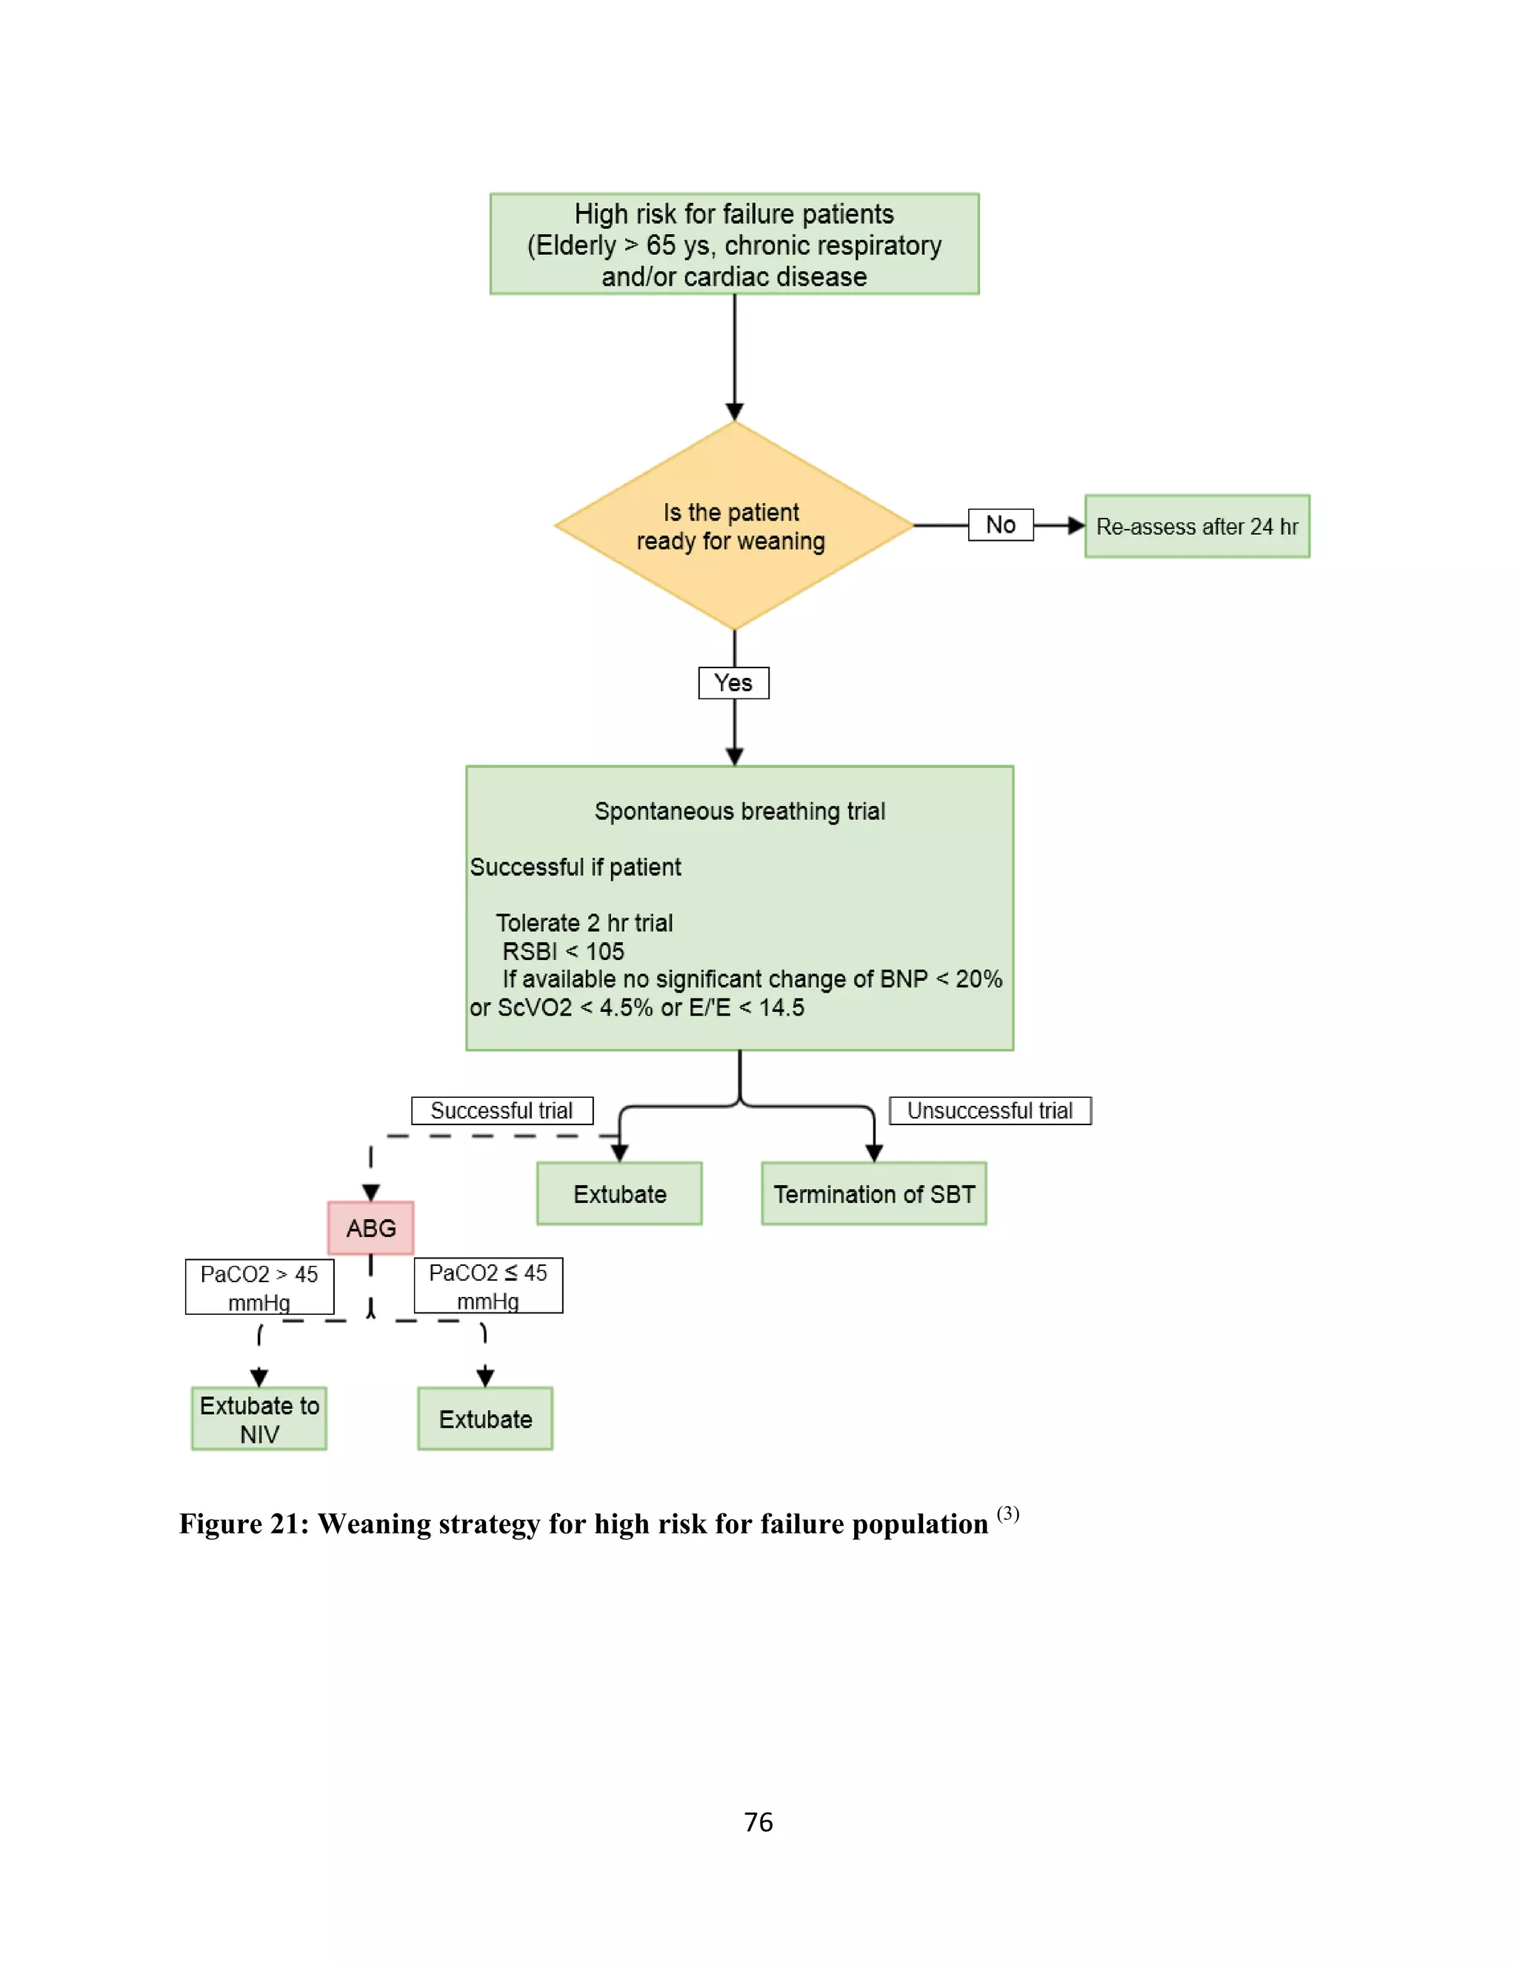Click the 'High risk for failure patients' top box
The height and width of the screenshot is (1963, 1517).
(x=733, y=244)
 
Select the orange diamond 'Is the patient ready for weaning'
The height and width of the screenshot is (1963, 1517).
(x=733, y=526)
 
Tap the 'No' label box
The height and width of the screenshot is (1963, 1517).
(x=1000, y=525)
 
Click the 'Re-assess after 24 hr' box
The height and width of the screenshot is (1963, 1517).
(x=1196, y=527)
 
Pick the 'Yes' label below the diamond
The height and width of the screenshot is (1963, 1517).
(x=733, y=683)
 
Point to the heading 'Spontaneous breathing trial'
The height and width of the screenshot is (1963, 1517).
(x=739, y=812)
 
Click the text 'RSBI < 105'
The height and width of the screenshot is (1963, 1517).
(x=563, y=951)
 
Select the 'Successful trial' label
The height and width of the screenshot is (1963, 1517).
(x=501, y=1111)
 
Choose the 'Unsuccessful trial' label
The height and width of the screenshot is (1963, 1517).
(x=990, y=1111)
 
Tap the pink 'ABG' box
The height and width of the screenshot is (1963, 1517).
(x=370, y=1227)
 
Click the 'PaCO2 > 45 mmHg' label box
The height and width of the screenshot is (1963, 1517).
(x=259, y=1287)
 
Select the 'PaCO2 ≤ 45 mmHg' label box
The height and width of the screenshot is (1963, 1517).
(x=488, y=1286)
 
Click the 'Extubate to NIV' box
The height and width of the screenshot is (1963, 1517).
(x=259, y=1419)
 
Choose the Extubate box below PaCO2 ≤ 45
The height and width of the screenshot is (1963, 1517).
(x=484, y=1419)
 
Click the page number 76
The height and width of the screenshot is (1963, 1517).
(x=758, y=1822)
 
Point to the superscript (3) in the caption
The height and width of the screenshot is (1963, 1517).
(x=1007, y=1513)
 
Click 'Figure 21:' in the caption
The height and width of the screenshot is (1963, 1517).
(x=244, y=1524)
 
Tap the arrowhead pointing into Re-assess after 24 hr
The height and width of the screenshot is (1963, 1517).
(x=1076, y=526)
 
